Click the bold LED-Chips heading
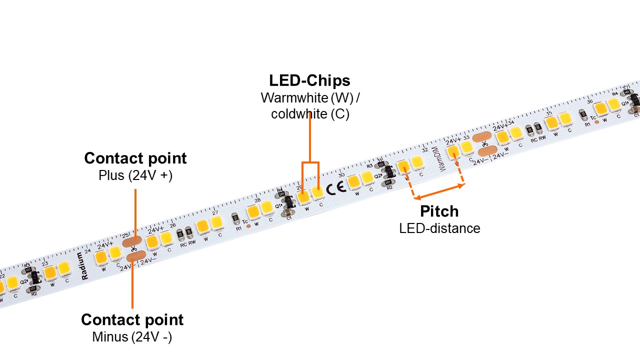309,80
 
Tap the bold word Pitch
439,211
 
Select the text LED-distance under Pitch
439,228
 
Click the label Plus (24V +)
135,176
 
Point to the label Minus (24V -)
132,337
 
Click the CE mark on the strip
332,189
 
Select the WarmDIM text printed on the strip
442,160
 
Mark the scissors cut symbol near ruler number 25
133,248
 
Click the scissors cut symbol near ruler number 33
484,144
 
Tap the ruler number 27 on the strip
214,212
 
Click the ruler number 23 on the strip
45,263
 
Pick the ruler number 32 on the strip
424,149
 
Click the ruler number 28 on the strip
257,200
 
